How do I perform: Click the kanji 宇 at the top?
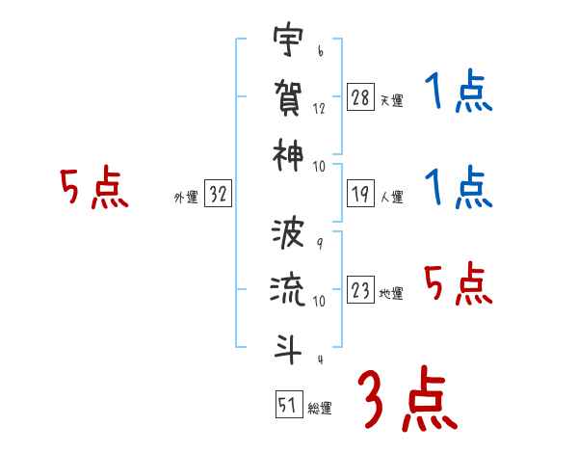pyautogui.click(x=288, y=43)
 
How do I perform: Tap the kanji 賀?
pyautogui.click(x=288, y=96)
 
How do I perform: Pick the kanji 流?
pyautogui.click(x=288, y=290)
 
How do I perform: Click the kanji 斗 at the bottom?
pyautogui.click(x=288, y=344)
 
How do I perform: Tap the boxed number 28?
pyautogui.click(x=361, y=97)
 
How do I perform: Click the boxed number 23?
pyautogui.click(x=361, y=291)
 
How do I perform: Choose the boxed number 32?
pyautogui.click(x=219, y=195)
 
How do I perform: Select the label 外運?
pyautogui.click(x=186, y=198)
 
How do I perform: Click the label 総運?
pyautogui.click(x=319, y=408)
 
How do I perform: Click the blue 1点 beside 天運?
pyautogui.click(x=459, y=94)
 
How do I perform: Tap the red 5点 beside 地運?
pyautogui.click(x=459, y=285)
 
